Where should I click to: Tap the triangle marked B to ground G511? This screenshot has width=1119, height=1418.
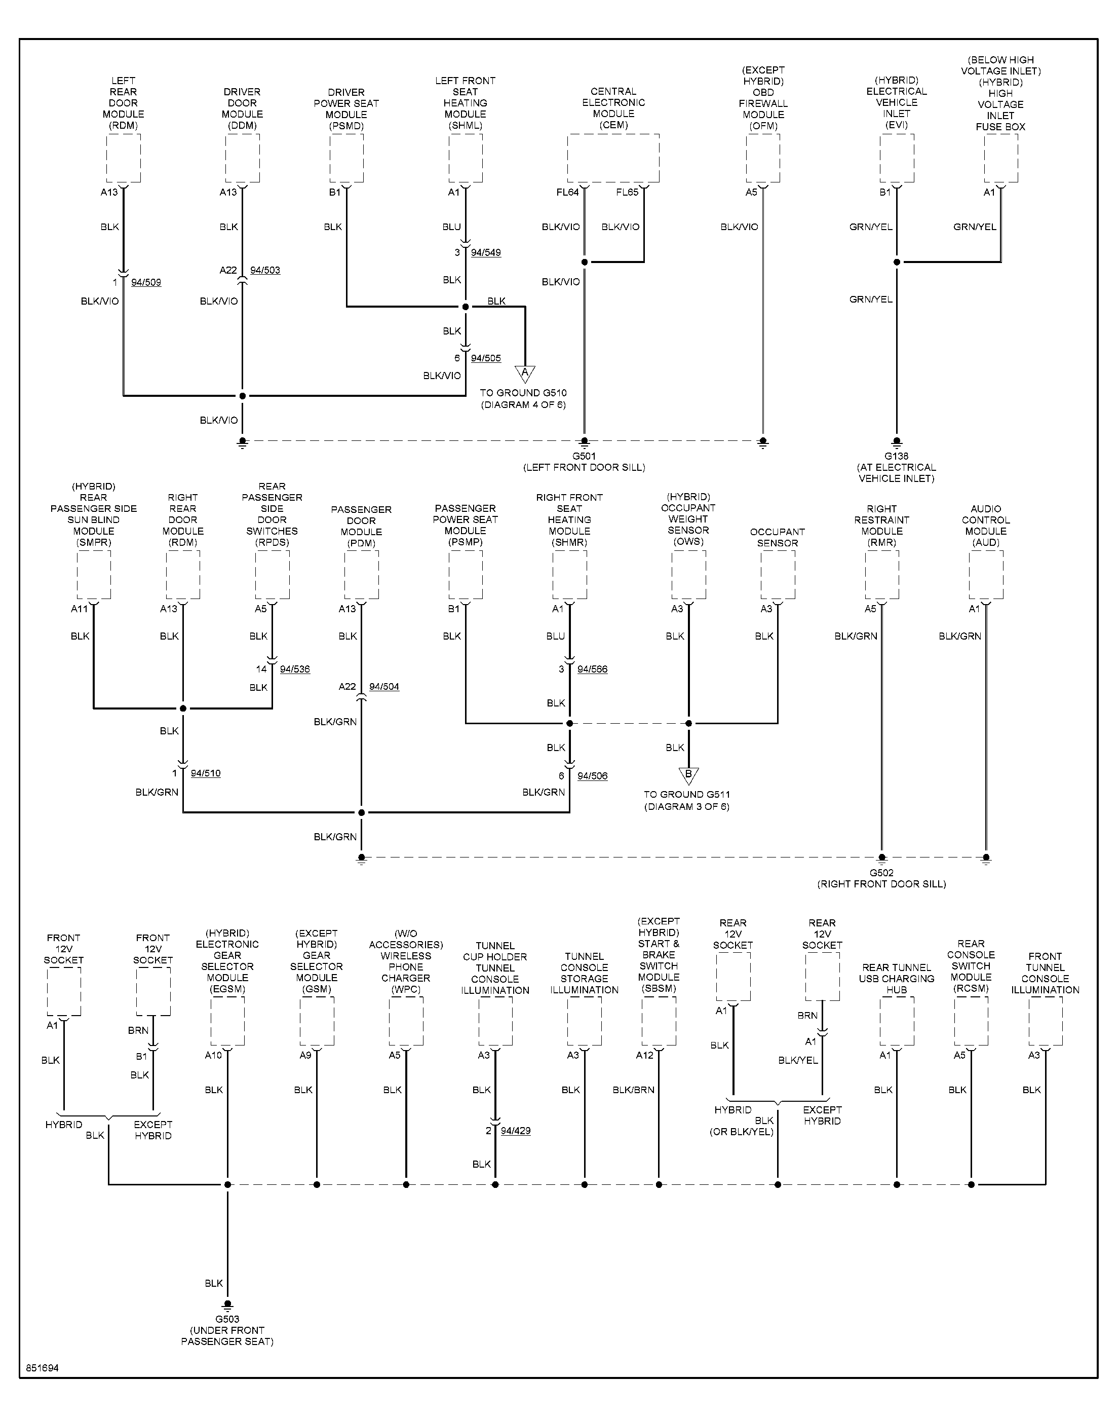point(688,776)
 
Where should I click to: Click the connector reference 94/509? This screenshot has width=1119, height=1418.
point(146,282)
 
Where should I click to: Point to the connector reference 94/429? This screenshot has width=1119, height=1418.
point(516,1130)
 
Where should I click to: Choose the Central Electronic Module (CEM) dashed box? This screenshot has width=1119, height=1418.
point(613,159)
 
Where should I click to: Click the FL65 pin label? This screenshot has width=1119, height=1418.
point(627,192)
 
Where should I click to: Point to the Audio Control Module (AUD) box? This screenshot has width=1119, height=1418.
point(986,575)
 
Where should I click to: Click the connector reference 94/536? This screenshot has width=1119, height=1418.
point(295,669)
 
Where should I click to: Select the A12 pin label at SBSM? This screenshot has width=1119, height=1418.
point(645,1055)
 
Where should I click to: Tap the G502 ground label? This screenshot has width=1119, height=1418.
point(882,873)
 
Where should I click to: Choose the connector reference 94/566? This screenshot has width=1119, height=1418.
point(592,669)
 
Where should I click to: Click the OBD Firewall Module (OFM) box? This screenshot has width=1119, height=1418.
point(763,159)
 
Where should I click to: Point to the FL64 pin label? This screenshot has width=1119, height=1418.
point(568,192)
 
